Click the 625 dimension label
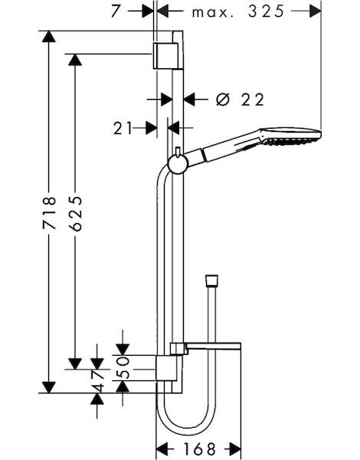pos(76,210)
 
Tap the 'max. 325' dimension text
pos(238,11)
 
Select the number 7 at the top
pos(116,11)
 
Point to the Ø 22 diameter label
pos(240,100)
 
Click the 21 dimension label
pos(123,129)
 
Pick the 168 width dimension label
pos(199,449)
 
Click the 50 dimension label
pos(123,368)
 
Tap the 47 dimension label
pos(97,381)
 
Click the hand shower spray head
pos(290,136)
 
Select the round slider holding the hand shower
pos(176,164)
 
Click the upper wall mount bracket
pos(165,55)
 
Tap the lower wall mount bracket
pos(166,368)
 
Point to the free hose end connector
pos(211,281)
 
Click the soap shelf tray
pos(205,347)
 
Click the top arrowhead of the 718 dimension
pos(49,37)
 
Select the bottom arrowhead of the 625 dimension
pos(75,363)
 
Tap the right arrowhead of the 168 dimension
pos(234,449)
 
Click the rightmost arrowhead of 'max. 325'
pos(315,11)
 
